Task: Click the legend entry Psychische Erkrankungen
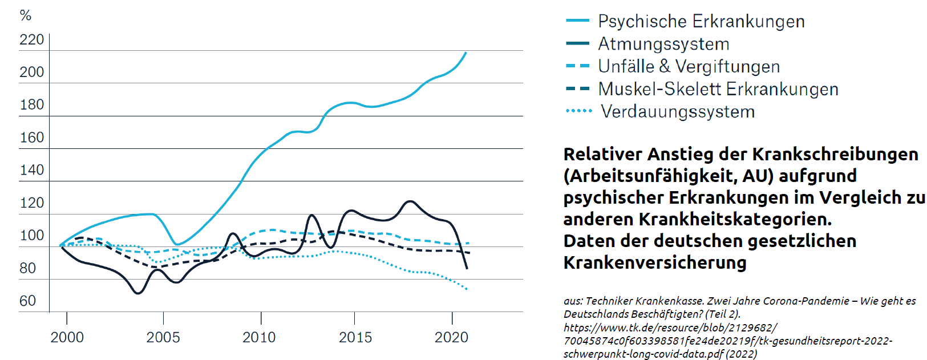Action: (701, 22)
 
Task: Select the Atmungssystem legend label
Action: (663, 44)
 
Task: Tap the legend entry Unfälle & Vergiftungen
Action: (688, 67)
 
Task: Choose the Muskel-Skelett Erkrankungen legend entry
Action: (718, 90)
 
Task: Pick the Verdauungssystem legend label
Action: (677, 112)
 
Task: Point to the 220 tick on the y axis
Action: (31, 40)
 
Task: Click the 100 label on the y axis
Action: (31, 236)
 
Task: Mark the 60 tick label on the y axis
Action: (27, 301)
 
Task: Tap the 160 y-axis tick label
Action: (31, 137)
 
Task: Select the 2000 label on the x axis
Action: (67, 337)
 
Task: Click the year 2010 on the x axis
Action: (259, 337)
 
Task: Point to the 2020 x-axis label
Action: (451, 337)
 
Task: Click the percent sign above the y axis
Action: (25, 15)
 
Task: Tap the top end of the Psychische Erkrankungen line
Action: (466, 52)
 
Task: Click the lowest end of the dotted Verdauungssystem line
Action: (467, 289)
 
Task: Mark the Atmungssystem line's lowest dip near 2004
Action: (137, 293)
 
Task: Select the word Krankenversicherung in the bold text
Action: (654, 263)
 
